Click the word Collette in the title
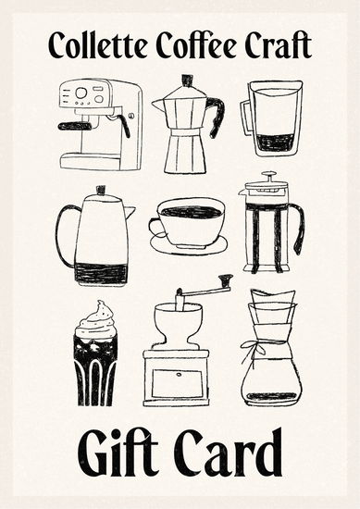pos(97,44)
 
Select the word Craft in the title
pos(279,44)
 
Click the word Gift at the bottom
pos(118,453)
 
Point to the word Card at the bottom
pos(228,452)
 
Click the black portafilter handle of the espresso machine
pos(74,127)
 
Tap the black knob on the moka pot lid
pos(187,81)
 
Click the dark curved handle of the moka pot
pos(217,117)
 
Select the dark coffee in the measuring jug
pos(273,143)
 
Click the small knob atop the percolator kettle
pos(101,190)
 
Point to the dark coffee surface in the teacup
pos(191,213)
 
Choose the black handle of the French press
pos(299,229)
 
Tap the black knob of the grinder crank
pos(226,279)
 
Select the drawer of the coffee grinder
pos(178,384)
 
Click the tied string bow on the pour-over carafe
pos(254,348)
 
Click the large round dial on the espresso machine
pos(81,93)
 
